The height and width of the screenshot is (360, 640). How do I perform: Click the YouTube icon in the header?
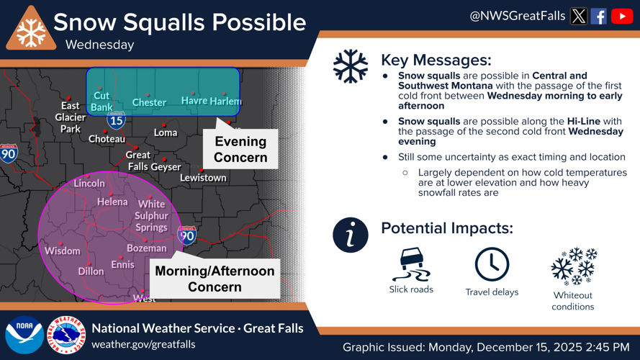[x=622, y=16]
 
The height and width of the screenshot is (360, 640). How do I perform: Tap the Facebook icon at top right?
[x=599, y=16]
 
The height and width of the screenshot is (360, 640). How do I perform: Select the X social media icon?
[x=579, y=16]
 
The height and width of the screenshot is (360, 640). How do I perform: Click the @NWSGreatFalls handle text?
[x=517, y=16]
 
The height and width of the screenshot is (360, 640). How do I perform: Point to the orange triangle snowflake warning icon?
[x=31, y=30]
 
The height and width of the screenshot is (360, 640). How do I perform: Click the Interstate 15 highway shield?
[x=116, y=120]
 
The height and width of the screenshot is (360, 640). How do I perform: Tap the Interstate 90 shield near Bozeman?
[x=186, y=235]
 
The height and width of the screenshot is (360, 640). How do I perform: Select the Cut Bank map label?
[x=102, y=102]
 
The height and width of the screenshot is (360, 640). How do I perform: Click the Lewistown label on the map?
[x=203, y=178]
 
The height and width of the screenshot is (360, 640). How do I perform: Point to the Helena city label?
[x=112, y=202]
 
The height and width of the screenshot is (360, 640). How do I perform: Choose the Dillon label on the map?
[x=91, y=271]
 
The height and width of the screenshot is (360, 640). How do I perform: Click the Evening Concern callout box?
[x=240, y=150]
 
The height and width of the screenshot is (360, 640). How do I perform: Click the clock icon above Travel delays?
[x=492, y=264]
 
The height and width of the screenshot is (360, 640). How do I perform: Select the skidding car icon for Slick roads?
[x=411, y=264]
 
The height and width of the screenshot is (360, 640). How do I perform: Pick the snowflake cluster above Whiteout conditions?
[x=573, y=266]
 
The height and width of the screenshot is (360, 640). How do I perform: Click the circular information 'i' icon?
[x=351, y=235]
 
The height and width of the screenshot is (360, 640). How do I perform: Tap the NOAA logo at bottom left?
[x=24, y=335]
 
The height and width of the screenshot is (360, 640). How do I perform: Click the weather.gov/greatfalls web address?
[x=143, y=344]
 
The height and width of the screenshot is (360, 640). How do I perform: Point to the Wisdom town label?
[x=63, y=251]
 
